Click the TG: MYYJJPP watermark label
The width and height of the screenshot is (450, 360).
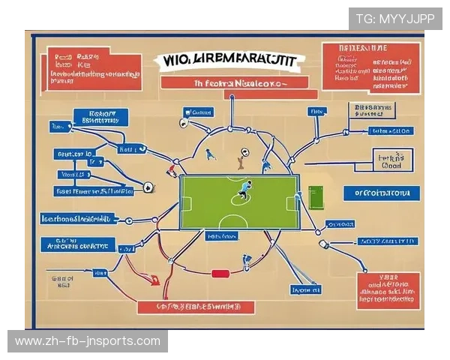tap(390, 19)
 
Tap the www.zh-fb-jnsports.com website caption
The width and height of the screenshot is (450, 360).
tap(87, 341)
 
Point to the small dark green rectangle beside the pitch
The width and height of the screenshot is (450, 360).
tap(315, 198)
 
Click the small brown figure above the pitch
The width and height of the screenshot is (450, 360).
tap(240, 159)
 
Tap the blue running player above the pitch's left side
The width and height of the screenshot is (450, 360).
tap(211, 154)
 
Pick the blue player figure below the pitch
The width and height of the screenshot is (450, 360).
tap(246, 260)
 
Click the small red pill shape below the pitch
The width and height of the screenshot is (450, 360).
tap(220, 274)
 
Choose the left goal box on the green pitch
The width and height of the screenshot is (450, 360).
tap(186, 202)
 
